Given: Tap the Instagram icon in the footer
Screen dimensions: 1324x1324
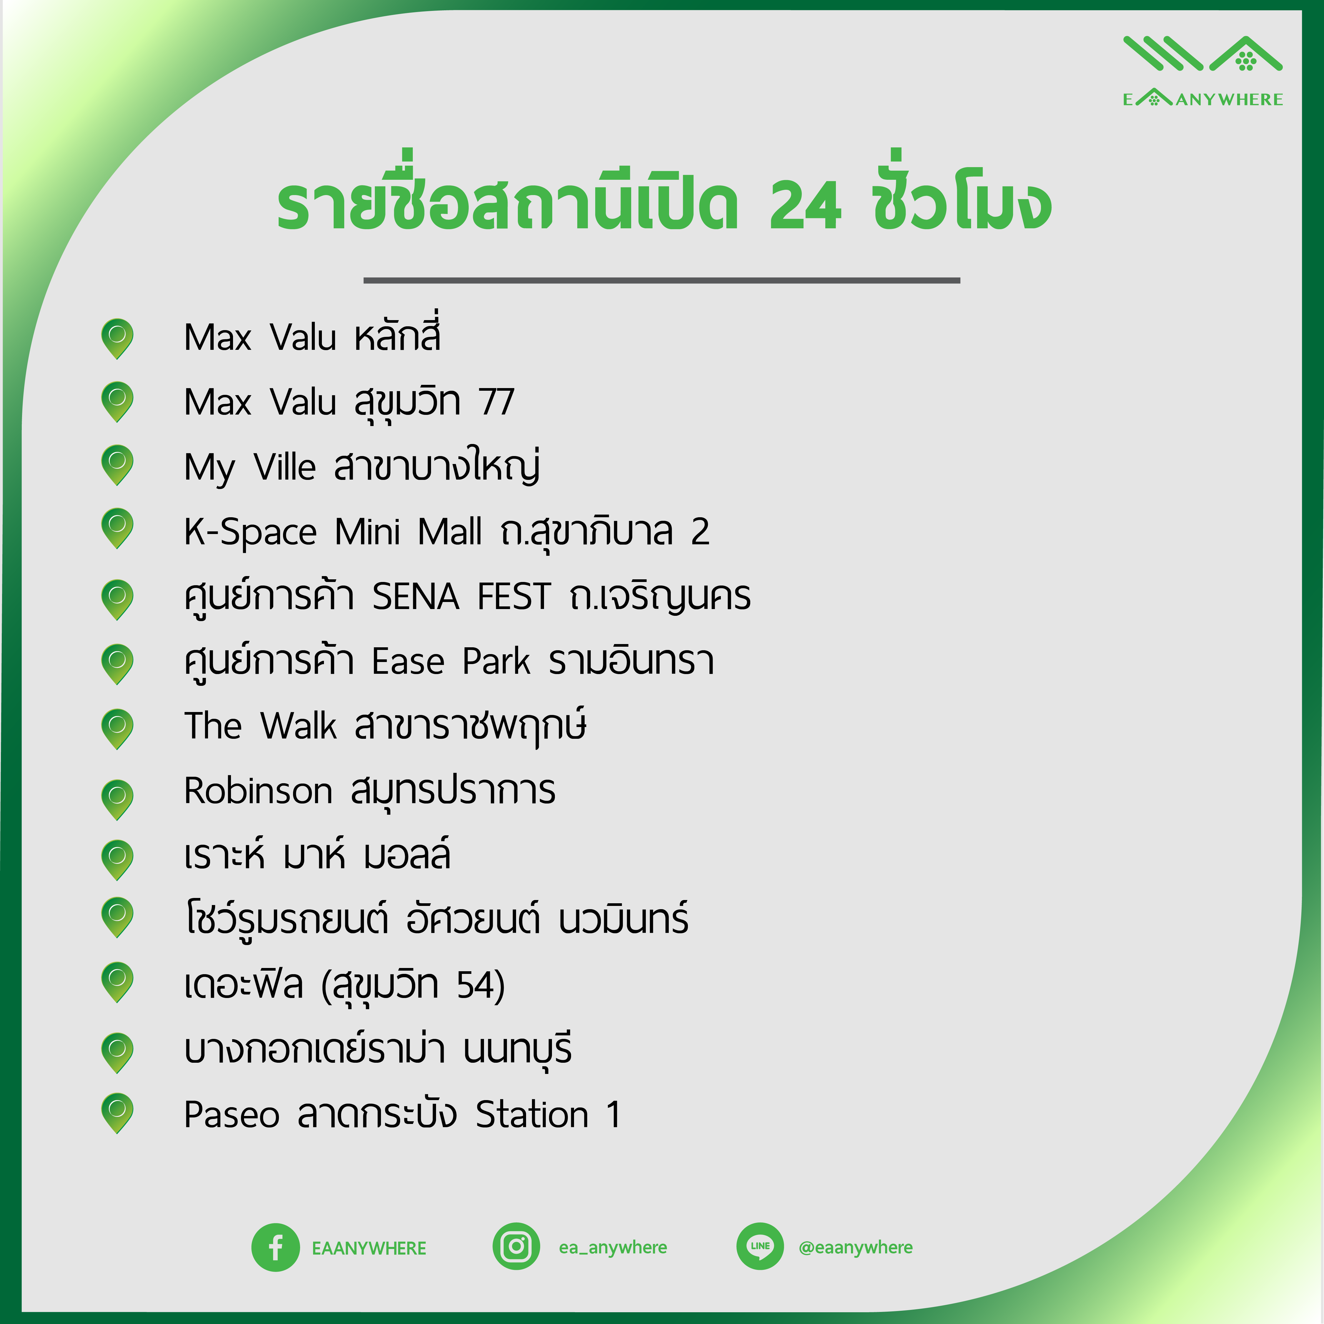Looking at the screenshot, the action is point(516,1247).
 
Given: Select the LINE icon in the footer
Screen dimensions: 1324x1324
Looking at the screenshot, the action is point(760,1247).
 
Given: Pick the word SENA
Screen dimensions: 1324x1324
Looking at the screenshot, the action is point(415,596).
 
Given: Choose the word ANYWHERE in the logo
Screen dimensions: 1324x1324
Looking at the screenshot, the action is point(1230,99).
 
